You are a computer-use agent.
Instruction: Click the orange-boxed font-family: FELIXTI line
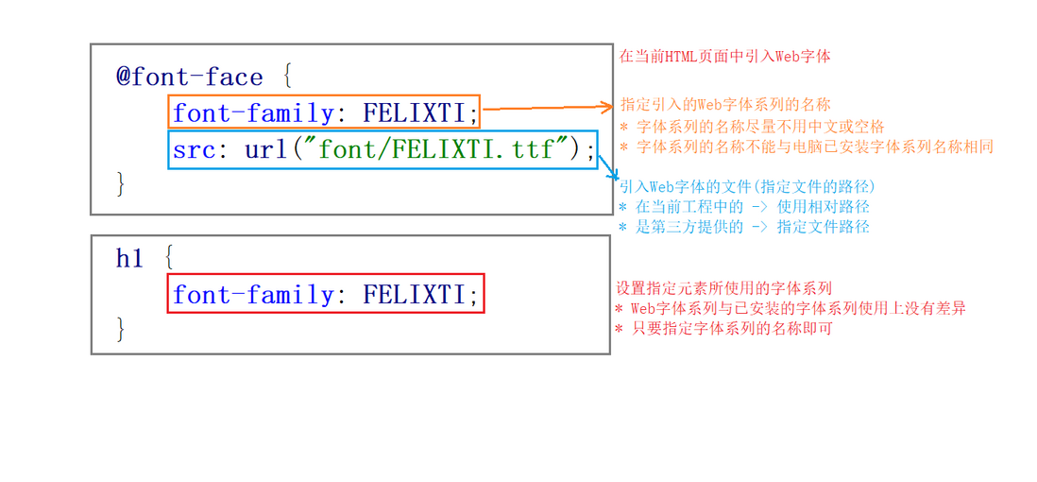pos(325,112)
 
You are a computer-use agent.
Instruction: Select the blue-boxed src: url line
pos(383,149)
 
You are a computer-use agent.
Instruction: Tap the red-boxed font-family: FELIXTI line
pos(325,295)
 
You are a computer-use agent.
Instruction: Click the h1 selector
pos(128,258)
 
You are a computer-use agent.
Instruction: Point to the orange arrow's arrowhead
pos(609,108)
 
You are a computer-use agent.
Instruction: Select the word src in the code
pos(195,149)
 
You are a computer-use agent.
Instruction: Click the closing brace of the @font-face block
pos(121,183)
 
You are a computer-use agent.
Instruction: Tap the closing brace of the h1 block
pos(121,329)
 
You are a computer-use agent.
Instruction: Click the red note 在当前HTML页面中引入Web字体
pos(724,56)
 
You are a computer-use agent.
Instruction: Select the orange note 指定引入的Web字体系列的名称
pos(725,104)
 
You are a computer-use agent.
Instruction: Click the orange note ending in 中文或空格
pos(752,126)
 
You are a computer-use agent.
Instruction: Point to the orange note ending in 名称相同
pos(806,146)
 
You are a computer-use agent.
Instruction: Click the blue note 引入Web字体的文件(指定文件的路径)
pos(746,186)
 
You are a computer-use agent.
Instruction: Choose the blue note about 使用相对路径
pos(743,206)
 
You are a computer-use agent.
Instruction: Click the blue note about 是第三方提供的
pos(743,227)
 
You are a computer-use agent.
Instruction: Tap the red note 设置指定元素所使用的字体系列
pos(723,287)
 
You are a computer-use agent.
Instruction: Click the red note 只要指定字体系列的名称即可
pos(723,328)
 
